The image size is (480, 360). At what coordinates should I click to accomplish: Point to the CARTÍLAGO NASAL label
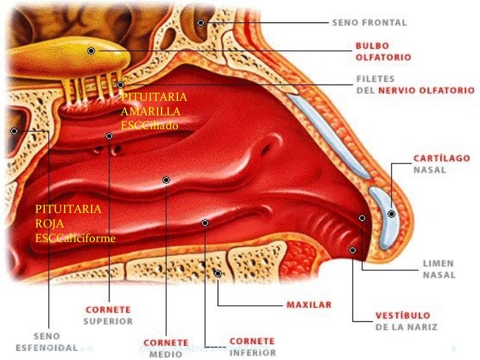click(x=441, y=164)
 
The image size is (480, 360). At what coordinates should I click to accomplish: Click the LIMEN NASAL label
click(x=438, y=268)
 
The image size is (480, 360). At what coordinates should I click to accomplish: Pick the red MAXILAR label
click(x=309, y=305)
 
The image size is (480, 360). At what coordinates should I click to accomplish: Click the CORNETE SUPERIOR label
click(x=109, y=315)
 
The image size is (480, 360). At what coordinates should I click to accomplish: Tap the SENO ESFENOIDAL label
click(x=51, y=340)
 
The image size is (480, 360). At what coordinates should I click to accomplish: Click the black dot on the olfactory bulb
click(x=91, y=51)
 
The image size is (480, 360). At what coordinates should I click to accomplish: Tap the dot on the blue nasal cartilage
click(x=392, y=214)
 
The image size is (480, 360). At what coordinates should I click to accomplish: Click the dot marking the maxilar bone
click(x=218, y=273)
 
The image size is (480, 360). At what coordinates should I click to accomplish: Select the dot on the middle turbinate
click(x=166, y=179)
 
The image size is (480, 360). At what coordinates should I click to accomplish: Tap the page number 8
click(x=454, y=347)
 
